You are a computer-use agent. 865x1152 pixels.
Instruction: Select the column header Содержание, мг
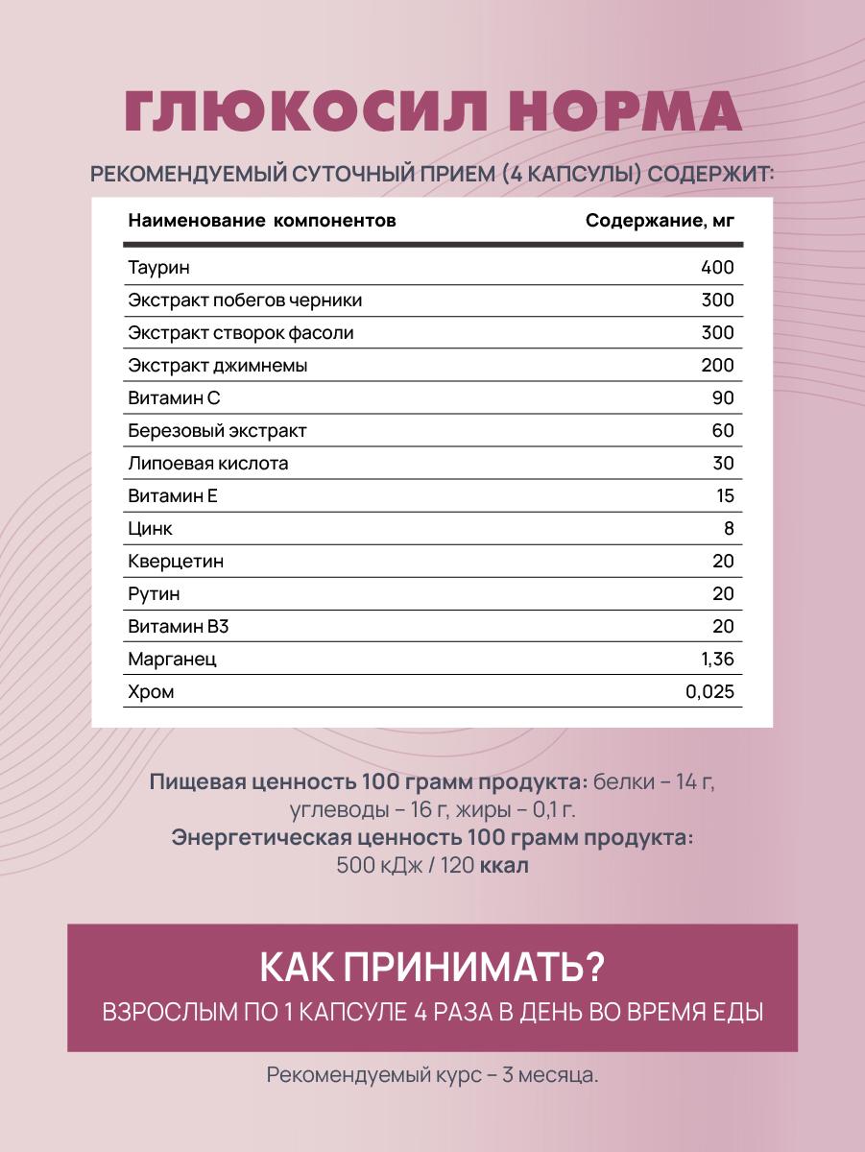(x=660, y=221)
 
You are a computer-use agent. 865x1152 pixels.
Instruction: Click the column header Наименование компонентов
(x=262, y=221)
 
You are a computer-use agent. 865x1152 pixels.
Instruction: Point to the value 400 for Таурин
(x=717, y=268)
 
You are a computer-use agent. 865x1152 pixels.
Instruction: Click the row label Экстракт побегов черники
(x=245, y=300)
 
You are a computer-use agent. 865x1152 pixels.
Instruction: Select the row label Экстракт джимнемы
(x=218, y=366)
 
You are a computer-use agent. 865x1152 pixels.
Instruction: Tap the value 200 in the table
(x=717, y=366)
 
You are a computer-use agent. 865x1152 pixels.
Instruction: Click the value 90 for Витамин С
(x=722, y=398)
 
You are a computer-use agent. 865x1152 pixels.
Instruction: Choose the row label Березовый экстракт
(x=218, y=431)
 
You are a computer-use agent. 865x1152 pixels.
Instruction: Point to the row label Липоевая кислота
(x=208, y=464)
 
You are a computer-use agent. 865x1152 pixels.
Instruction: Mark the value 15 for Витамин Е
(x=724, y=496)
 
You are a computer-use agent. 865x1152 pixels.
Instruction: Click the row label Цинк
(x=151, y=529)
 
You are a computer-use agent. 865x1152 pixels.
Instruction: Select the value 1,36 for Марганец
(x=716, y=660)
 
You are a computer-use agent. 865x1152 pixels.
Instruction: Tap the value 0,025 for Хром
(x=710, y=692)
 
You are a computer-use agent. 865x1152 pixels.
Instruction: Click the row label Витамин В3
(x=179, y=627)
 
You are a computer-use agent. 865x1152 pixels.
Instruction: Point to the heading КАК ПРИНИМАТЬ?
(x=432, y=968)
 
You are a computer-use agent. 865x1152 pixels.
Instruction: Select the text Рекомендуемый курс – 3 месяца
(x=432, y=1075)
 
